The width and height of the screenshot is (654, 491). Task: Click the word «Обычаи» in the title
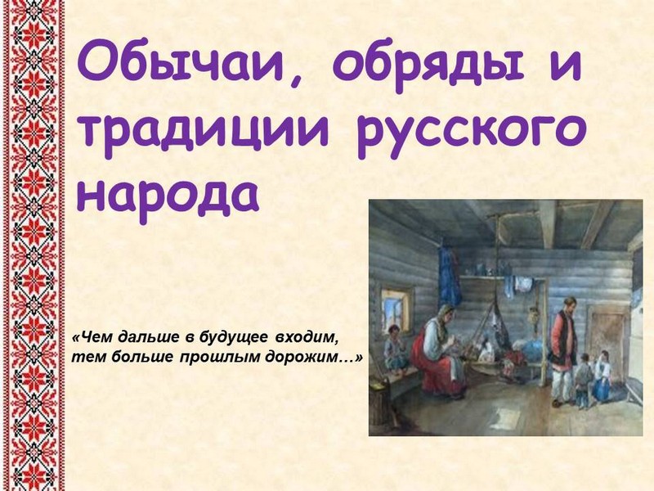(x=190, y=66)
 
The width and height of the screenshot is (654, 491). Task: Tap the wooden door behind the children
(x=607, y=334)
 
